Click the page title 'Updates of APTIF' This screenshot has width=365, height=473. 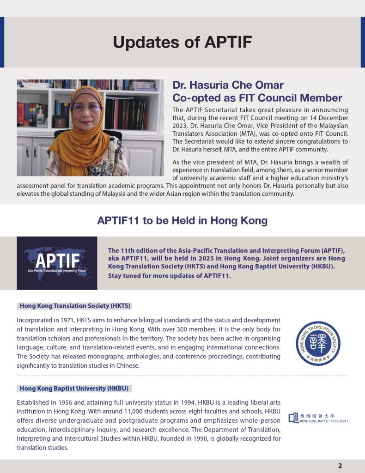[182, 42]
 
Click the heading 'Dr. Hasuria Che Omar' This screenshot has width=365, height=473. [228, 85]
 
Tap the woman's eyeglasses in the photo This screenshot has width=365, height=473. [86, 107]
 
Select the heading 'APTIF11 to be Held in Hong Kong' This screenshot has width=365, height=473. [182, 220]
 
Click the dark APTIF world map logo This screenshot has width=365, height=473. [57, 263]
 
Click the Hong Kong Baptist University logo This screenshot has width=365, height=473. [318, 418]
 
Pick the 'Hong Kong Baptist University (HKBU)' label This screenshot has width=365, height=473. [76, 388]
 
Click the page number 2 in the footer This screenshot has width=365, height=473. [340, 466]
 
